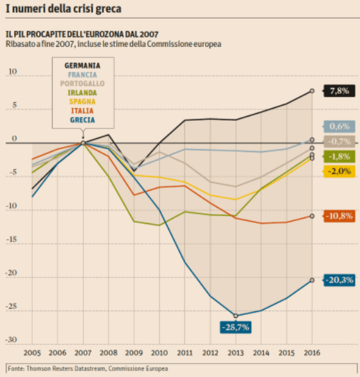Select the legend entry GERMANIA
(82, 66)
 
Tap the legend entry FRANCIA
(82, 75)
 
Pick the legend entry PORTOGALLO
(82, 83)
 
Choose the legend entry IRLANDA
(82, 92)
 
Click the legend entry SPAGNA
(82, 101)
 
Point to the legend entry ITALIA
(82, 110)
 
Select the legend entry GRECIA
(82, 120)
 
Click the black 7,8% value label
(339, 91)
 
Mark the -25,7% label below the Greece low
(235, 327)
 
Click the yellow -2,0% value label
(339, 171)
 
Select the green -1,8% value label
(339, 157)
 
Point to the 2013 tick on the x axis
(235, 353)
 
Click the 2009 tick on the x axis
(134, 353)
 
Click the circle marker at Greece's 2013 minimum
(235, 315)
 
